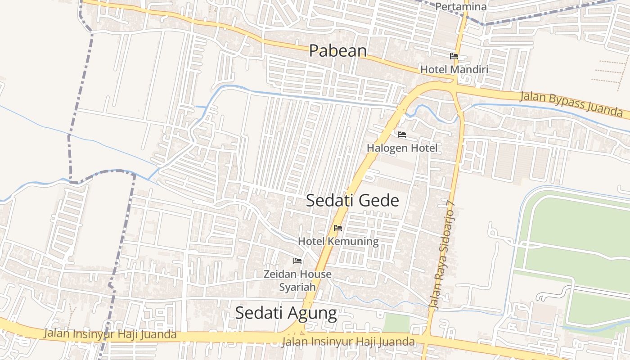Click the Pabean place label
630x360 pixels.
point(337,50)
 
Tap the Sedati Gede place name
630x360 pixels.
point(352,200)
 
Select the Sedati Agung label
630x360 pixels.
point(286,313)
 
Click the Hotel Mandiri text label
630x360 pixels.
point(454,70)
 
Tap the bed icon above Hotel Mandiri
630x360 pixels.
point(454,56)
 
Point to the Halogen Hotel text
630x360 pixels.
point(402,148)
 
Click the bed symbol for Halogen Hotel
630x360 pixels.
point(402,134)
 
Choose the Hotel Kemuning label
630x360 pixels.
point(338,241)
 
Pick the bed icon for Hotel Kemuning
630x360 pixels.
point(338,228)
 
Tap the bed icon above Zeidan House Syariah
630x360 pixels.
point(297,261)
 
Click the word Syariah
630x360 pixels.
point(297,287)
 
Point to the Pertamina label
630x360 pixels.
point(461,7)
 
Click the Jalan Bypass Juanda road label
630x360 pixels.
point(571,103)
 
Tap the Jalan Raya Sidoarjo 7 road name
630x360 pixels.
point(443,254)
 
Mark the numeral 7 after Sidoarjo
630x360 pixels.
point(452,203)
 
